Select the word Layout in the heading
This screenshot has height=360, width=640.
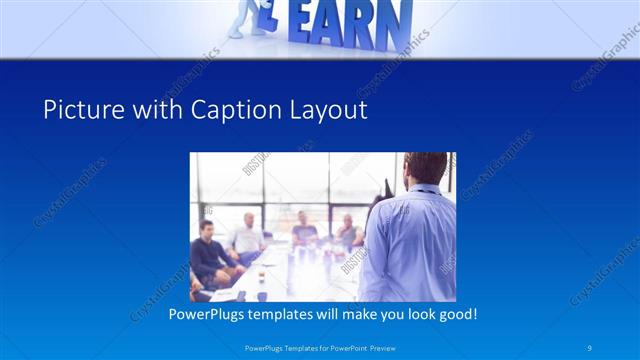click(x=330, y=110)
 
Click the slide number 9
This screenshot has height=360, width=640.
click(x=590, y=347)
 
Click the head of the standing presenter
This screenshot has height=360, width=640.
click(x=426, y=169)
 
